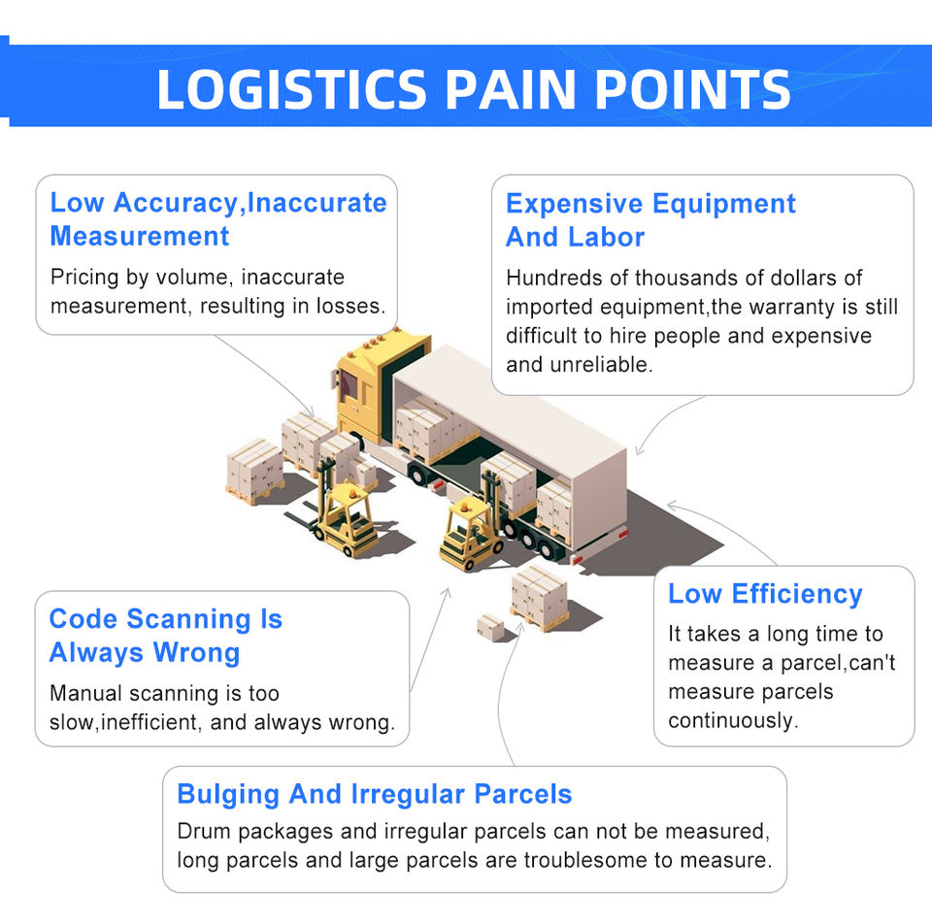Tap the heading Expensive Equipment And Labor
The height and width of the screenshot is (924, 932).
[x=649, y=220]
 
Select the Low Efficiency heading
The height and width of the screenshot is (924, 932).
[x=764, y=594]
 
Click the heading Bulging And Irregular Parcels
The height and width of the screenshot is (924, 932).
[x=374, y=794]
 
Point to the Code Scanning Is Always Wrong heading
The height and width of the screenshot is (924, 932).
[x=165, y=636]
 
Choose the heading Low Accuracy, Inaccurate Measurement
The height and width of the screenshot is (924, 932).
[x=217, y=219]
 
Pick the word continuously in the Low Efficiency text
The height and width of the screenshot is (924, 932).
[x=732, y=721]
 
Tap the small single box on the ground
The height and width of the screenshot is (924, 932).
[x=491, y=627]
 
